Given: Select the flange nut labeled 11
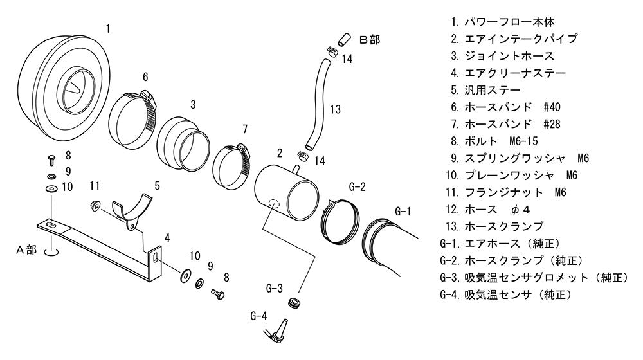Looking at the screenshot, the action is tap(95, 205).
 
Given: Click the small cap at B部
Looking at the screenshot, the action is tap(343, 39).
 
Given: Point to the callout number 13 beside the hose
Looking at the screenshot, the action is tap(335, 109).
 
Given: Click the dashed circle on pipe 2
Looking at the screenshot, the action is tap(273, 203).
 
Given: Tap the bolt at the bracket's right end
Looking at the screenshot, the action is tap(218, 294).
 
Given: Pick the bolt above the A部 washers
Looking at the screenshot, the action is tap(51, 159).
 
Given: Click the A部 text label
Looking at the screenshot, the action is tap(26, 249).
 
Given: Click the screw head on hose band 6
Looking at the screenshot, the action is tap(148, 97).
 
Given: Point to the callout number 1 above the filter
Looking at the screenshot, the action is tap(108, 29).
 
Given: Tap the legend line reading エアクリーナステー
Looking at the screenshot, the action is tap(509, 73).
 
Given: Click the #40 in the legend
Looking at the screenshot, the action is tap(552, 107).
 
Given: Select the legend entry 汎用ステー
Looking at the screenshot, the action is tap(486, 90).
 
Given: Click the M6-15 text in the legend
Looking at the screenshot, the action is tap(523, 141).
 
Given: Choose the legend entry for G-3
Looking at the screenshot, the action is tap(534, 278).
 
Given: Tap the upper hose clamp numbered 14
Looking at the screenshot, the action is tap(332, 51).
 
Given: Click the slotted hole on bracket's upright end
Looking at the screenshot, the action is tap(156, 258).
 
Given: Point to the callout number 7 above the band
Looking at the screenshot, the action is tap(245, 129).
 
